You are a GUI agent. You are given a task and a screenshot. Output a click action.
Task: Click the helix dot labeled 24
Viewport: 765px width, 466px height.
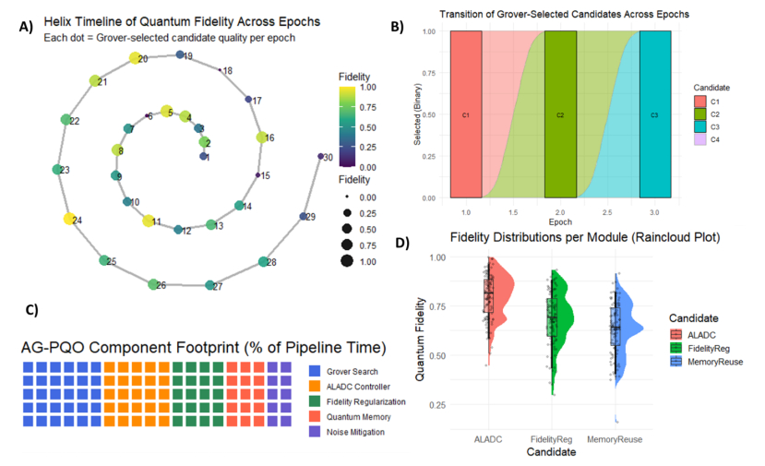pyautogui.click(x=68, y=220)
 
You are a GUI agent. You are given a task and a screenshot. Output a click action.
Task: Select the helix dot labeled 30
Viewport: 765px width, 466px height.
pyautogui.click(x=320, y=158)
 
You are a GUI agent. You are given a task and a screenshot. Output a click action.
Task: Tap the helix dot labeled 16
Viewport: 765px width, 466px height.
pyautogui.click(x=260, y=138)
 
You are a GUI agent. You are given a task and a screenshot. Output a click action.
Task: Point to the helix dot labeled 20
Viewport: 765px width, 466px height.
pyautogui.click(x=134, y=59)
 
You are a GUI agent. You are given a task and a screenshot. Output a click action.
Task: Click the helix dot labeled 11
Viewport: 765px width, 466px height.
pyautogui.click(x=148, y=221)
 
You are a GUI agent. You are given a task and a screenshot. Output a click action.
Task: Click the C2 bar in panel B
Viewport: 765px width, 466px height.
pyautogui.click(x=560, y=114)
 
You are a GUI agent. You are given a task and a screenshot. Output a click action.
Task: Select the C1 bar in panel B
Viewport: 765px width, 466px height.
pyautogui.click(x=466, y=114)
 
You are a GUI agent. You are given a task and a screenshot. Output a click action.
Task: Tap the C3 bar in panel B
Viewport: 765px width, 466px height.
pyautogui.click(x=654, y=114)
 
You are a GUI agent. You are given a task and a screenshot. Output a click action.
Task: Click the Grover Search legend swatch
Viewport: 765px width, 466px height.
pyautogui.click(x=314, y=372)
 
